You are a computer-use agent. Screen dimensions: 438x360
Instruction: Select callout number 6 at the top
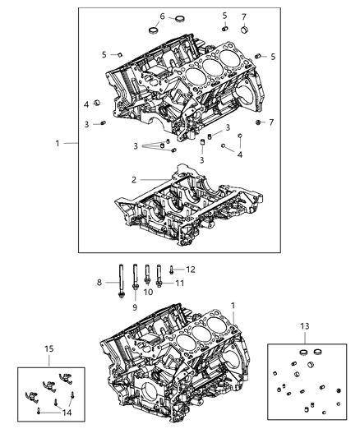tap(162, 16)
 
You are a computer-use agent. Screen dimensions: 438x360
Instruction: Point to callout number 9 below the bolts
tap(135, 307)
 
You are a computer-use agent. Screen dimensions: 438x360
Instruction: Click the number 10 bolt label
tap(149, 292)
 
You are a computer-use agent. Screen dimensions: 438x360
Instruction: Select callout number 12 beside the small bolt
tap(191, 270)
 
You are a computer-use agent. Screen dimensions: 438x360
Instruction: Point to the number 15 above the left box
tap(50, 350)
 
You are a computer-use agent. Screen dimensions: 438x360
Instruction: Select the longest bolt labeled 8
tap(122, 284)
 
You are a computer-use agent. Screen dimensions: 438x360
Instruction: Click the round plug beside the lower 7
tap(258, 122)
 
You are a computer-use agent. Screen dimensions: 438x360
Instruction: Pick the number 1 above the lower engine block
tap(233, 306)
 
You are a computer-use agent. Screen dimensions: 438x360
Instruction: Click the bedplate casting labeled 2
tap(189, 210)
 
